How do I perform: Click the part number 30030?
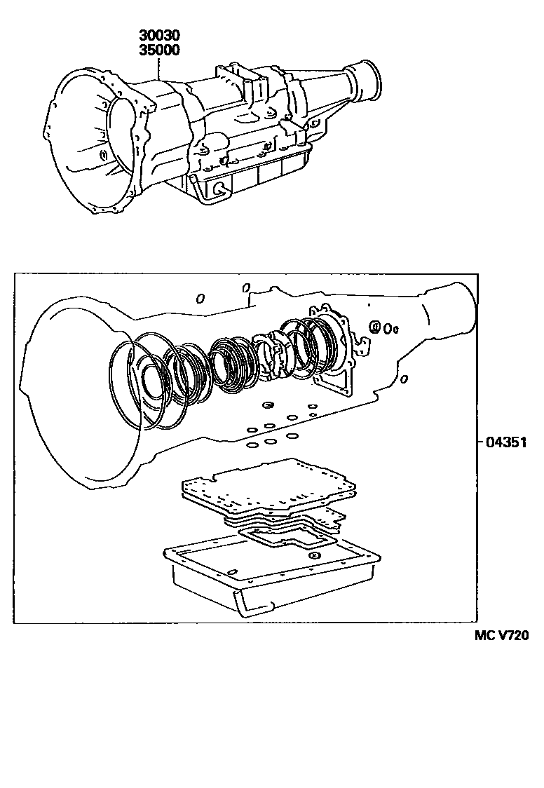[x=159, y=35]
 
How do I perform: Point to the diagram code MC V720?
[x=501, y=636]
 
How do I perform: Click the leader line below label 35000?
[x=160, y=67]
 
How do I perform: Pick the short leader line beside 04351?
[x=478, y=442]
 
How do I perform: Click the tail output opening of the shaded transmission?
[x=369, y=79]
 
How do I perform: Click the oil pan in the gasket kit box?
[x=273, y=571]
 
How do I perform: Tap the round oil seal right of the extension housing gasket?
[x=375, y=326]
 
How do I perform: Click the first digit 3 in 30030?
[x=142, y=35]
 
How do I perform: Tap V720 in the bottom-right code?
[x=512, y=636]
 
